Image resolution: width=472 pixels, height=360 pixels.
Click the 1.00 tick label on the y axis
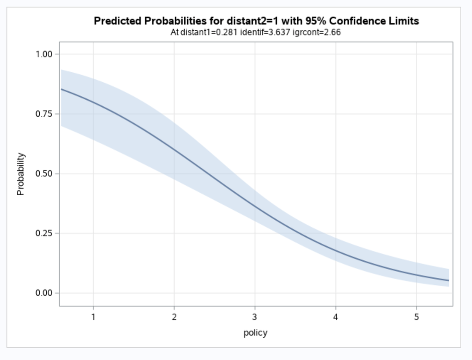(x=44, y=54)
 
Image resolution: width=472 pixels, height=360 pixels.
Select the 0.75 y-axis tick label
(x=44, y=114)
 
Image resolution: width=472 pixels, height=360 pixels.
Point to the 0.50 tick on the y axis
(x=44, y=173)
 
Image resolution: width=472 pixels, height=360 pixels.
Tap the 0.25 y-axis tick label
(x=44, y=233)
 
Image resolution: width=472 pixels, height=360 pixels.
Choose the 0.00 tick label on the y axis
(x=44, y=293)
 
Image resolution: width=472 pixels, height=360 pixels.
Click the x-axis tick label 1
(x=94, y=317)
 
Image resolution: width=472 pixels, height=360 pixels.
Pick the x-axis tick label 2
(x=174, y=317)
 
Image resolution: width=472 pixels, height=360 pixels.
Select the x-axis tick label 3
(x=255, y=317)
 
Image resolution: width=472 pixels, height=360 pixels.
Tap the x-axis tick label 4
(x=336, y=317)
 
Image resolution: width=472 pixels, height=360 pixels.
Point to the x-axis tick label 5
(x=417, y=317)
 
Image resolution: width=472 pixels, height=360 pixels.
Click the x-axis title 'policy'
(x=256, y=333)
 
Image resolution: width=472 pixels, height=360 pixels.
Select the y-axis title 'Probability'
(x=20, y=174)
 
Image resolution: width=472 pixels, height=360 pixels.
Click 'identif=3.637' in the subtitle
(x=265, y=33)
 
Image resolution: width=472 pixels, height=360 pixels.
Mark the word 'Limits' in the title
(x=404, y=21)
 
